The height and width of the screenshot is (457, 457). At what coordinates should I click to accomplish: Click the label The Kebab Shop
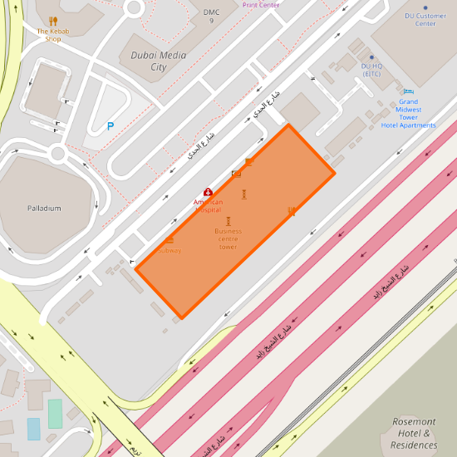(53, 35)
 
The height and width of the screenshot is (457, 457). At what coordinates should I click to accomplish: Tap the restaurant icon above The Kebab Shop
(53, 21)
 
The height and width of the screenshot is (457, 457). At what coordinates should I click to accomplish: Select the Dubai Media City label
(159, 61)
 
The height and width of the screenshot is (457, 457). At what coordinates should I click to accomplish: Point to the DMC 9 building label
(211, 16)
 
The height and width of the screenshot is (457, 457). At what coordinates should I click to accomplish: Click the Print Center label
(261, 4)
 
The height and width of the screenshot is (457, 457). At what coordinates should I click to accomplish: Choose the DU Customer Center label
(425, 19)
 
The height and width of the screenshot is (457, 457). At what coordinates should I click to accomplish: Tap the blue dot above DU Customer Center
(425, 7)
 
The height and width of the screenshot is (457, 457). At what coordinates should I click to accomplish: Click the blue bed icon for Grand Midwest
(408, 91)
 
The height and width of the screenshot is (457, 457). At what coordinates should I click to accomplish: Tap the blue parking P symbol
(110, 126)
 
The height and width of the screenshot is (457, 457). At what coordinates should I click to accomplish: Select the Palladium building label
(44, 208)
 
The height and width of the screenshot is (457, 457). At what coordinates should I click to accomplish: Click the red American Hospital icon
(208, 192)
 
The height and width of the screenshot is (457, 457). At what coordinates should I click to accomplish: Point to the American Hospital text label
(208, 205)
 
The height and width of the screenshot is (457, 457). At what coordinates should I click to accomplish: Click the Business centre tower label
(228, 238)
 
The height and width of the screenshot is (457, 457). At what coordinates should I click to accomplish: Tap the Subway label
(169, 250)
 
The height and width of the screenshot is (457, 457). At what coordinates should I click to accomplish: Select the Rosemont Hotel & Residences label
(414, 433)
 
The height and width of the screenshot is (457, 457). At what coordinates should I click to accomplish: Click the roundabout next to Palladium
(57, 153)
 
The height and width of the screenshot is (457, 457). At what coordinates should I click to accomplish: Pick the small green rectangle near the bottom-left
(55, 413)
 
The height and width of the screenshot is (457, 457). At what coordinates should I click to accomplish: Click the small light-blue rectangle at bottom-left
(34, 429)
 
